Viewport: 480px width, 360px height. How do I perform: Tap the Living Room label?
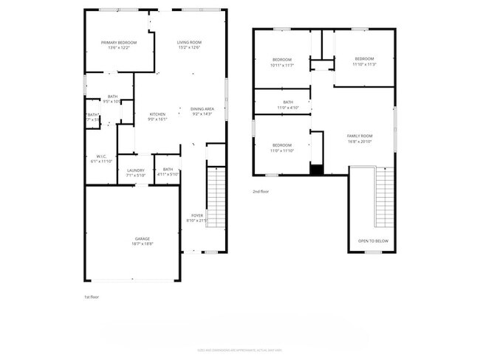[189, 45]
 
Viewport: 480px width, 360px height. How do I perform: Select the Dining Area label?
[202, 111]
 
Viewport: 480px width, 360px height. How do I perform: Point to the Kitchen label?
[158, 117]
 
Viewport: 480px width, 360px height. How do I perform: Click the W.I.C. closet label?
[101, 159]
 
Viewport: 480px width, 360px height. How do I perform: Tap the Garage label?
[143, 241]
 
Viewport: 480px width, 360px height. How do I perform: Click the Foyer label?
[193, 218]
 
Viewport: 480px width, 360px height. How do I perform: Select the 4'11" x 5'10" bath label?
[168, 171]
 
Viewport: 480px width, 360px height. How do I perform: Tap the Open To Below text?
[373, 241]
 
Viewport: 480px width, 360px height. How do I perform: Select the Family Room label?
[360, 138]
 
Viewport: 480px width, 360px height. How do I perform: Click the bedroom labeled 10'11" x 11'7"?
[282, 62]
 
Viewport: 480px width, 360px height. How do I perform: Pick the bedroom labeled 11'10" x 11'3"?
[364, 61]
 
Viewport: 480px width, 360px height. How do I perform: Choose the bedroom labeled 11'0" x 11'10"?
[282, 148]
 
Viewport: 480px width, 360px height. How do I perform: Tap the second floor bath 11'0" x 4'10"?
[287, 105]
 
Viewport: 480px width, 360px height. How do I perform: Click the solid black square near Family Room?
[317, 170]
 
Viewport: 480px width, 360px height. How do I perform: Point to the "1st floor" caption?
[91, 297]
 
